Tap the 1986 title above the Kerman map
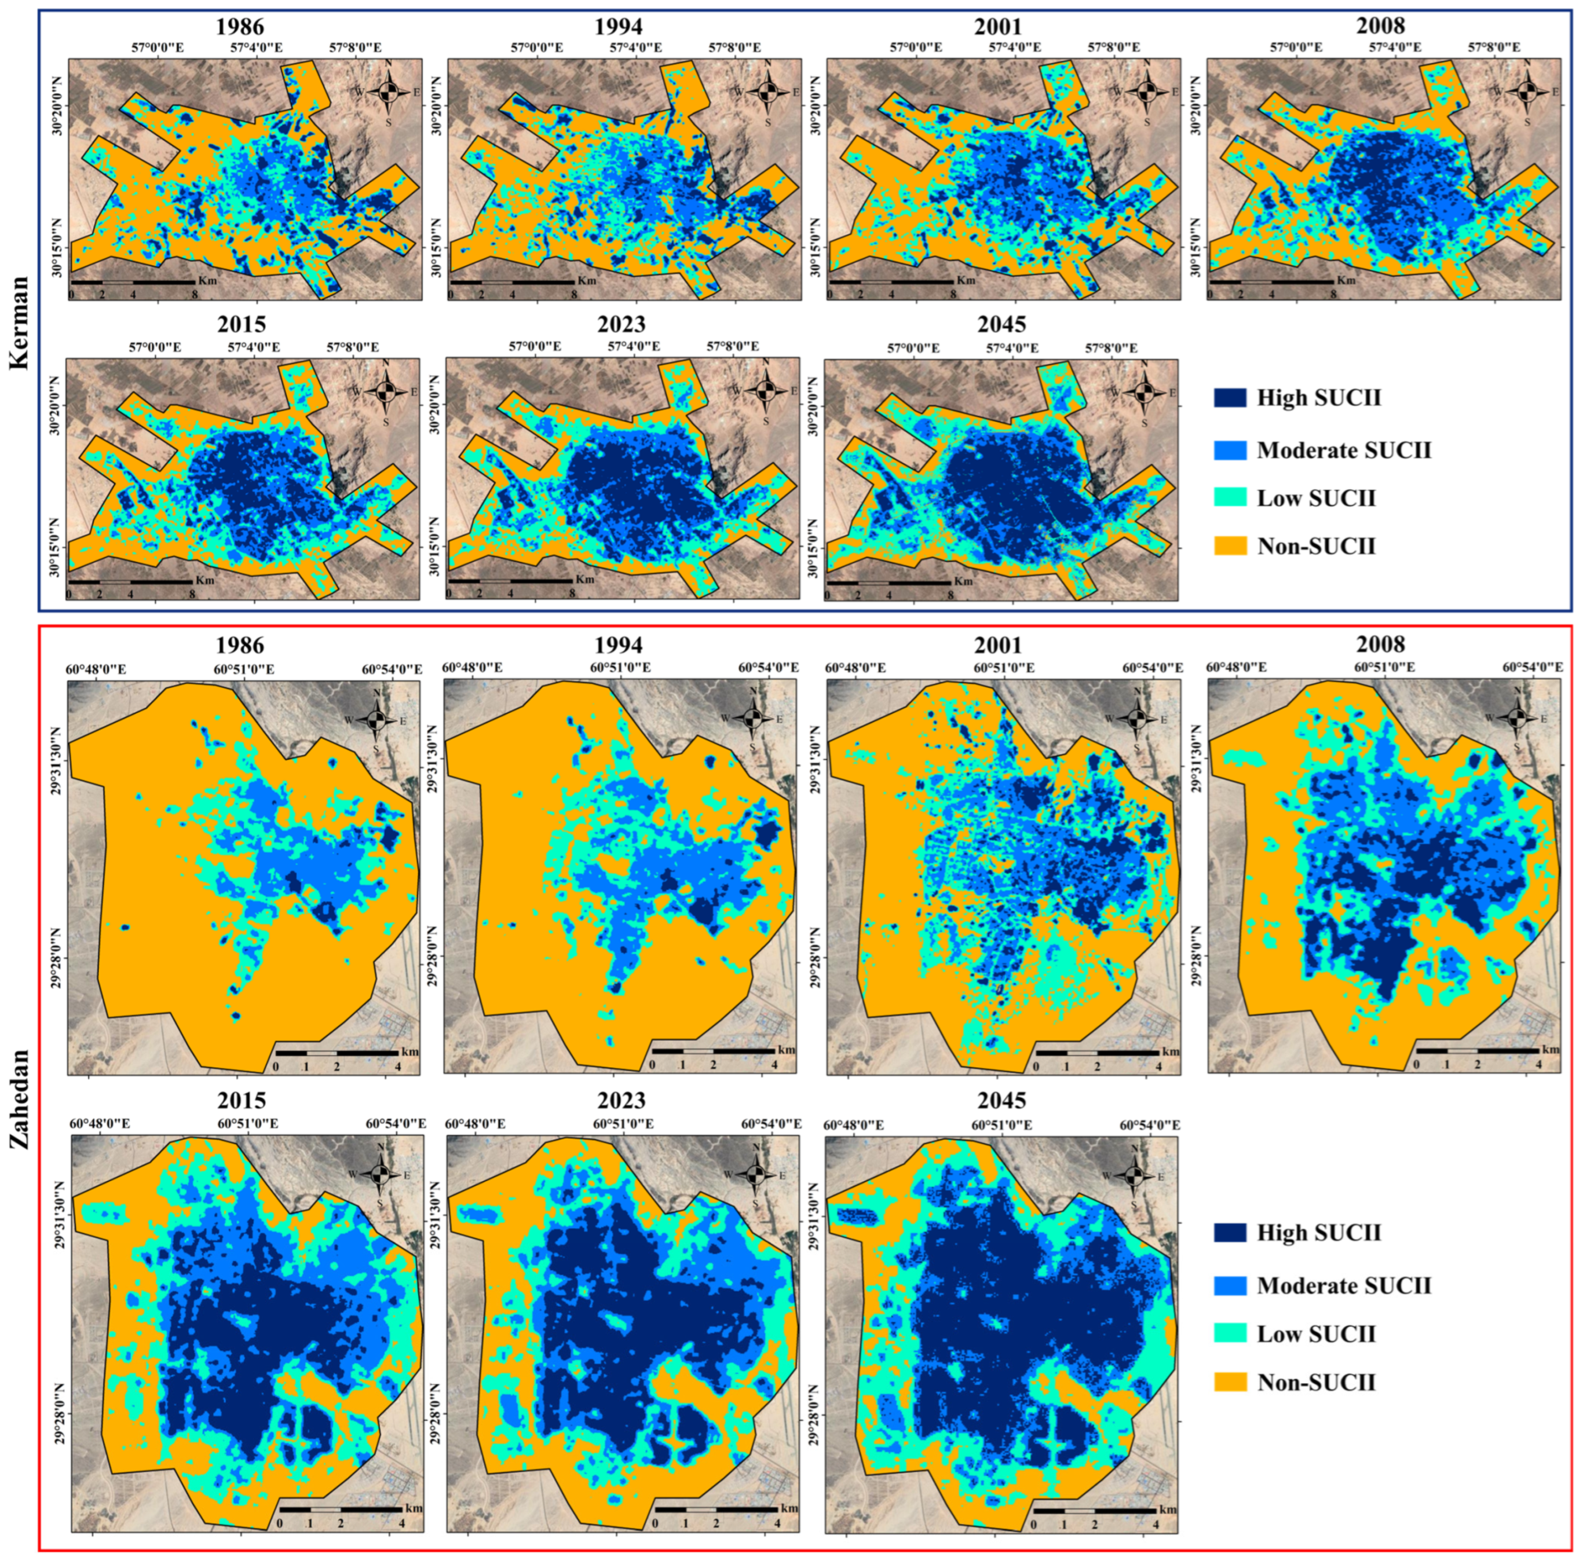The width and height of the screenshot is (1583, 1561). click(x=240, y=26)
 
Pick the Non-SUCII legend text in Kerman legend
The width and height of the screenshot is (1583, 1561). click(x=1316, y=546)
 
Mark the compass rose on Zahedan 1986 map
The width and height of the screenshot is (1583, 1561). click(x=376, y=720)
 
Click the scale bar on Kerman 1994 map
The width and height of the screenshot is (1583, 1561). click(x=512, y=282)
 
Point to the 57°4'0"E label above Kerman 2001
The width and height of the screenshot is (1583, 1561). click(x=1014, y=47)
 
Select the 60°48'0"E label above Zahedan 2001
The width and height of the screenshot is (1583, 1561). click(x=854, y=668)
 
